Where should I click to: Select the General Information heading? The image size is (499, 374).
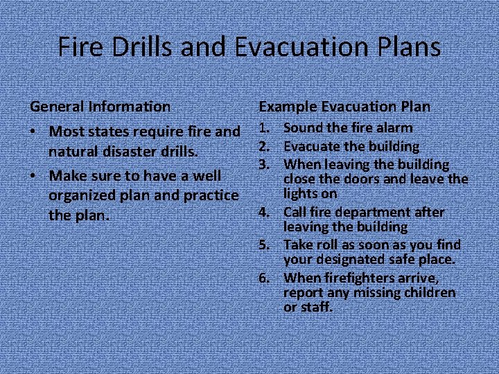click(100, 107)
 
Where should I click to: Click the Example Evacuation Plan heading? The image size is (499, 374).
click(344, 107)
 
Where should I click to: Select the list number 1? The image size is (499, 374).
click(263, 128)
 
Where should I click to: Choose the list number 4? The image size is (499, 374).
click(263, 212)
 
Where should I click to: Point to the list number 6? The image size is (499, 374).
click(263, 278)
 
